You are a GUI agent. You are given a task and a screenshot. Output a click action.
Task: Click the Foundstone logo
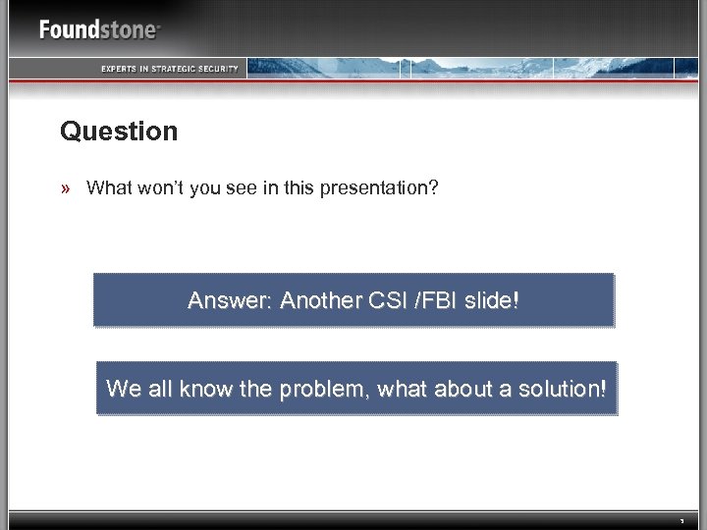point(98,28)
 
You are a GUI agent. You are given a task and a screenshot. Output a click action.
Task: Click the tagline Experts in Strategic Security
point(169,68)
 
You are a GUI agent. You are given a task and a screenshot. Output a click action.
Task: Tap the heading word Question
point(119,131)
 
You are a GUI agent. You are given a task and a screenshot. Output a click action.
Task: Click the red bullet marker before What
point(68,187)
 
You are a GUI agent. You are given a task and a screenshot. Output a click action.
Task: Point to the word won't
point(157,187)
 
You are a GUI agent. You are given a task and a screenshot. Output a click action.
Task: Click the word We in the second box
point(124,388)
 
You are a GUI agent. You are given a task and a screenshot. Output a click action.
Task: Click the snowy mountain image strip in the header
point(471,68)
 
